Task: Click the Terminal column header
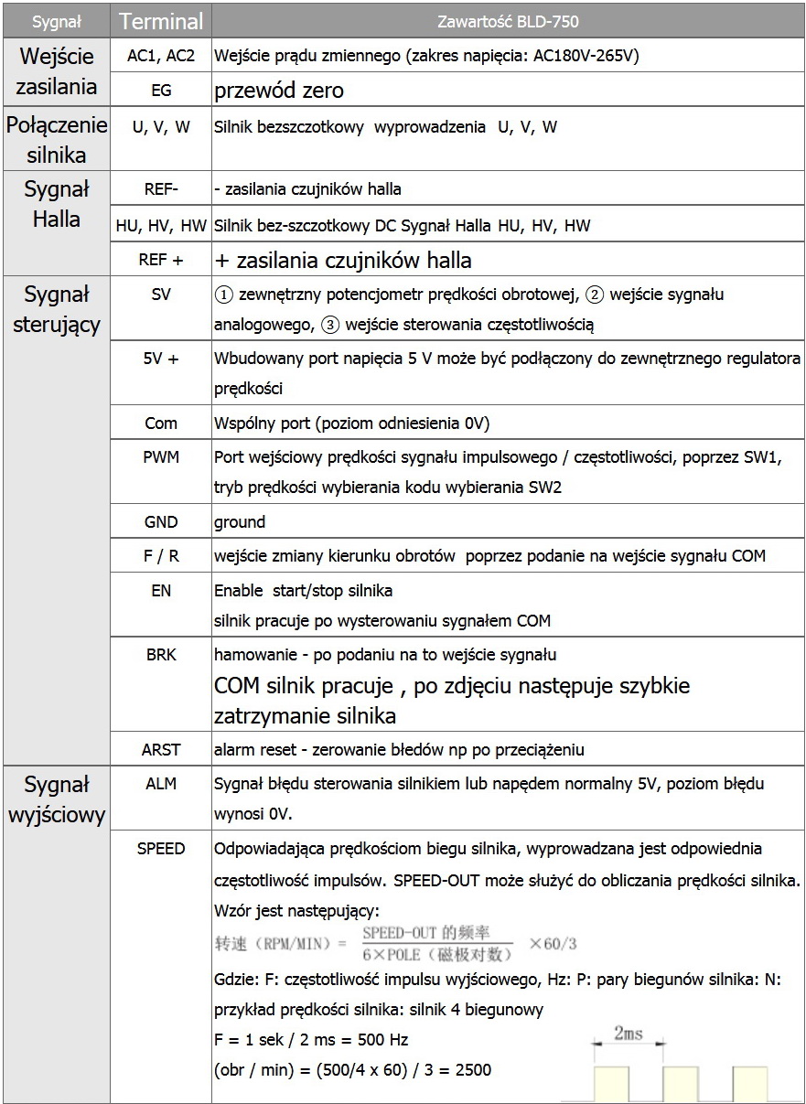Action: pyautogui.click(x=161, y=21)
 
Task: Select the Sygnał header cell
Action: pyautogui.click(x=57, y=21)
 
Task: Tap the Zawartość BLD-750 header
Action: pyautogui.click(x=508, y=21)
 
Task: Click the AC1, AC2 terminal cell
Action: pyautogui.click(x=161, y=56)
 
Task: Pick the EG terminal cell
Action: pyautogui.click(x=161, y=91)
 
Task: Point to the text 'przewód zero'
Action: pyautogui.click(x=279, y=91)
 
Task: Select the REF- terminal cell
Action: pyautogui.click(x=161, y=189)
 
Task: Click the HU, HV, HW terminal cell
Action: pyautogui.click(x=161, y=225)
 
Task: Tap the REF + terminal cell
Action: pyautogui.click(x=161, y=260)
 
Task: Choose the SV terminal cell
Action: pyautogui.click(x=161, y=295)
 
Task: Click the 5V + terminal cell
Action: pyautogui.click(x=161, y=359)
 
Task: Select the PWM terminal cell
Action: pyautogui.click(x=161, y=457)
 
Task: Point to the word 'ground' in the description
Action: pyautogui.click(x=240, y=522)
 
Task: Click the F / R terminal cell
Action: pyautogui.click(x=161, y=556)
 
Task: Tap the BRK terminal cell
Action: pyautogui.click(x=161, y=655)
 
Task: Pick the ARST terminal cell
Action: pyautogui.click(x=161, y=749)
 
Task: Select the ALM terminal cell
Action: pyautogui.click(x=161, y=784)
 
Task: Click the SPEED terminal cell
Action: pyautogui.click(x=161, y=848)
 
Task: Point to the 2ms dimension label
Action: pyautogui.click(x=628, y=1034)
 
